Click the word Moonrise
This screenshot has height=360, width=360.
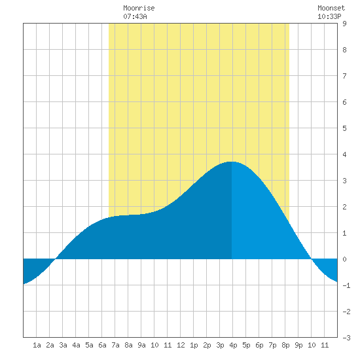point(139,8)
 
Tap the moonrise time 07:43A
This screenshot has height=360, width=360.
point(135,16)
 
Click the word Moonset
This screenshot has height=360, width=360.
point(331,8)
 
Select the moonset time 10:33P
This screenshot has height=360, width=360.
point(329,16)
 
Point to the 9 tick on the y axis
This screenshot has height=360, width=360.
point(344,24)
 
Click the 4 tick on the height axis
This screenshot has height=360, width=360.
point(344,154)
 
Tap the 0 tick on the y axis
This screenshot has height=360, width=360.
point(344,259)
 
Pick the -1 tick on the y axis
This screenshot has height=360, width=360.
point(346,285)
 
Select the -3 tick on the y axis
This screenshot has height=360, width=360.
point(346,338)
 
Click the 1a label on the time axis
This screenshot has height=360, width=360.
point(37,345)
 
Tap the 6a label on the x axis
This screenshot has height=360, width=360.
point(102,345)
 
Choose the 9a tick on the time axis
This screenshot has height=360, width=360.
point(141,345)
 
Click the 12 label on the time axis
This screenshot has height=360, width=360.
point(181,345)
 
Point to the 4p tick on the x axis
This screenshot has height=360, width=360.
point(233,345)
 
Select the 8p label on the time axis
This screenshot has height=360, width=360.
point(285,345)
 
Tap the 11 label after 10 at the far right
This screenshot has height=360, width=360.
point(325,345)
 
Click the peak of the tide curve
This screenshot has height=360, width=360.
point(232,162)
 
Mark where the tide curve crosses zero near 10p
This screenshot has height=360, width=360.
point(311,259)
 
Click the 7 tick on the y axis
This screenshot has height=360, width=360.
point(344,76)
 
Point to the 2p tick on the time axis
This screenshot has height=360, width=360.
point(207,345)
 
